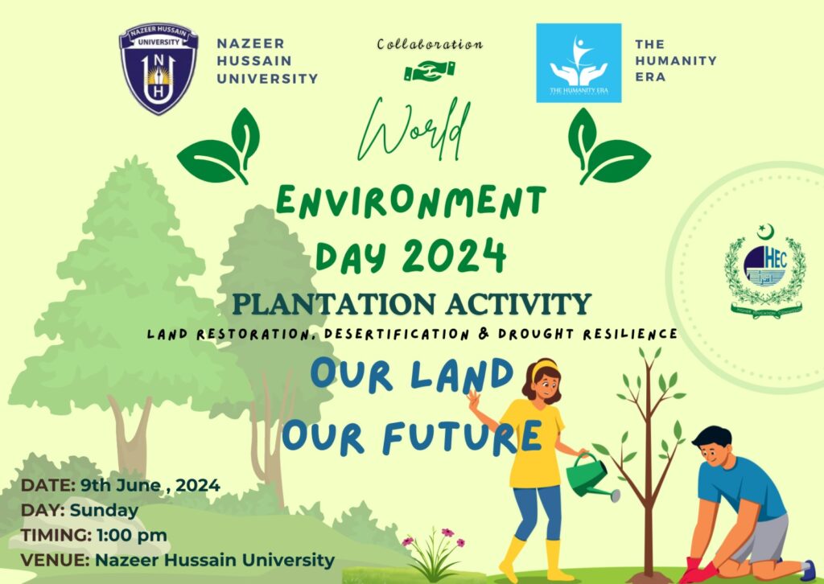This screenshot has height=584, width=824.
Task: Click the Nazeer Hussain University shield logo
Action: click(x=159, y=68)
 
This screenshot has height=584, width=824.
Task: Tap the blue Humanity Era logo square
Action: click(x=579, y=63)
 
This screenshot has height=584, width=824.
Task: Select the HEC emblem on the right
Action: click(x=764, y=272)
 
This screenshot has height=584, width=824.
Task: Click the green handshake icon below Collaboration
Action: click(x=429, y=72)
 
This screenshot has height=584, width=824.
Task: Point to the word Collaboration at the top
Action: click(x=430, y=44)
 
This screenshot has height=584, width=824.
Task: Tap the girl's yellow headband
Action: click(x=545, y=366)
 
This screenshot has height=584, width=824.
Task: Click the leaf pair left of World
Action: click(x=220, y=147)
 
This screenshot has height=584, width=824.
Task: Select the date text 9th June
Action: click(x=113, y=485)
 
